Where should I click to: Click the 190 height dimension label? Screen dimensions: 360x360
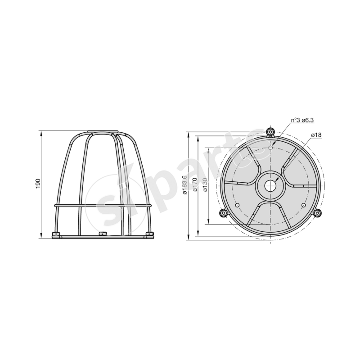click(x=38, y=184)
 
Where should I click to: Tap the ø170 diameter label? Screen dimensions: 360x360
click(x=195, y=185)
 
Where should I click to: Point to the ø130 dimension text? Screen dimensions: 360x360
click(x=205, y=185)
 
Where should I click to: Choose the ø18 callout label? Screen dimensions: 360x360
click(x=315, y=135)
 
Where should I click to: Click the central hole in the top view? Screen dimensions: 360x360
click(x=270, y=185)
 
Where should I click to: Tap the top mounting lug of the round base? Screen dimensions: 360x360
click(x=270, y=131)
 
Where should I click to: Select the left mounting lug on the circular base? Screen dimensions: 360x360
click(x=222, y=213)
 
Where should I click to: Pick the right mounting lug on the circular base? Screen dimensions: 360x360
click(x=318, y=213)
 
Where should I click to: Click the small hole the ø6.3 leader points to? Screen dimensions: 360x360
click(x=270, y=147)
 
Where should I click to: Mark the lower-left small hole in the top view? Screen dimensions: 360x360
click(x=237, y=205)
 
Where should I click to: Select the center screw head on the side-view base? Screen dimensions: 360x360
click(x=103, y=233)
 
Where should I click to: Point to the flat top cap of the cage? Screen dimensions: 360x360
click(x=103, y=133)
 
